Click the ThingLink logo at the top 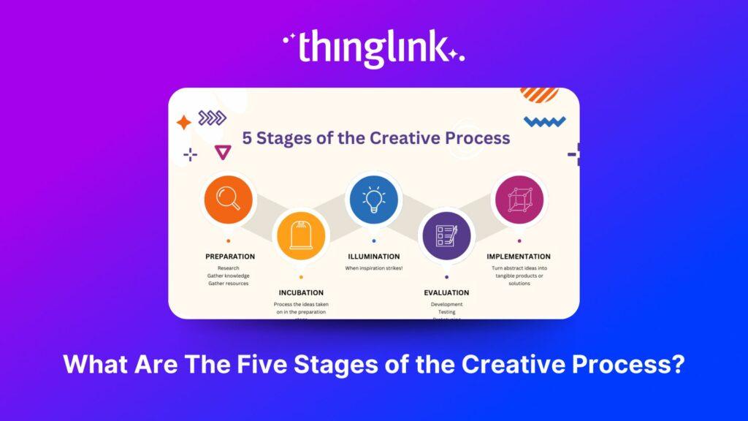(x=373, y=48)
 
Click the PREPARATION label (x=230, y=257)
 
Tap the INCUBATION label (x=301, y=292)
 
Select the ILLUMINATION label (x=373, y=257)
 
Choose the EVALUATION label (x=446, y=292)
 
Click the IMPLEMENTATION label (x=519, y=257)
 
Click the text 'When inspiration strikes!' (x=373, y=268)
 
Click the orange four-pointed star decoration (x=183, y=122)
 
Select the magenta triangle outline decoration (x=222, y=152)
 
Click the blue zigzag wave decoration (x=545, y=121)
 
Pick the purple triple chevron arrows (x=212, y=118)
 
